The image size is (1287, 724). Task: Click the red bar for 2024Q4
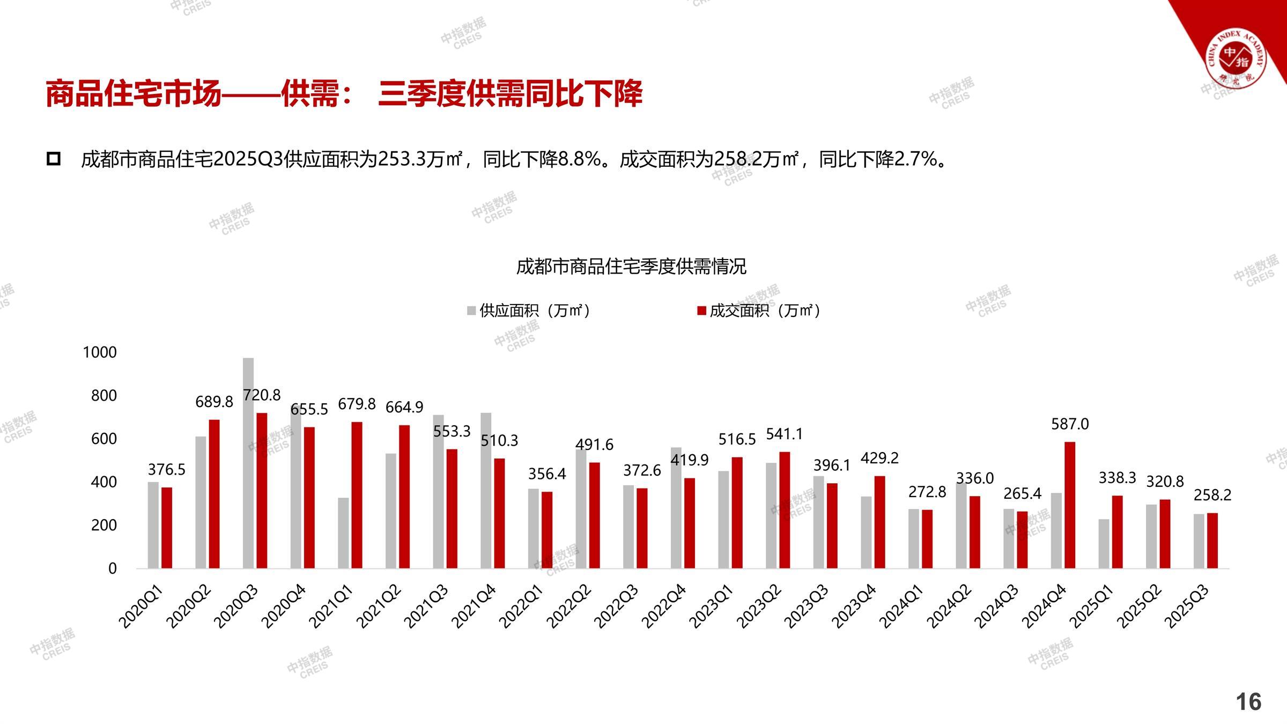coord(1069,505)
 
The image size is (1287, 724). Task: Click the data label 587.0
coord(1070,424)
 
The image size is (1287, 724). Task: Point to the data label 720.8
coord(262,395)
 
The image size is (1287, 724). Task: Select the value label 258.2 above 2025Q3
coord(1212,495)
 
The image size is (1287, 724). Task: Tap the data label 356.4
coord(547,474)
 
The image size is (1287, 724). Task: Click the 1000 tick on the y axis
coord(100,352)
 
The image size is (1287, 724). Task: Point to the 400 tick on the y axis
coord(104,482)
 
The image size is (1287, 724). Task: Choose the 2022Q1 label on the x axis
coord(521,607)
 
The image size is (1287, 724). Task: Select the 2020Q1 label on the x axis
coord(140,607)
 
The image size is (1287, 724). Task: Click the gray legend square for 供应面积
coord(471,311)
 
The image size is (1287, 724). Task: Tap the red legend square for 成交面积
coord(701,311)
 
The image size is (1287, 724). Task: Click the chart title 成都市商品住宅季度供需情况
coord(631,267)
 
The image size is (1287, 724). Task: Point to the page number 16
coord(1248,701)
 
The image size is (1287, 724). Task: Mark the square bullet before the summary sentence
coord(54,159)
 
